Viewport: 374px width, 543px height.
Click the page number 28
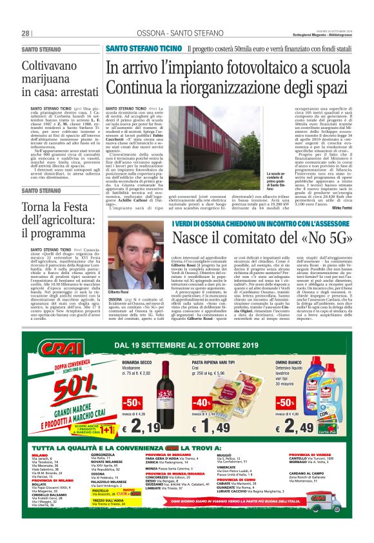(26, 34)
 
